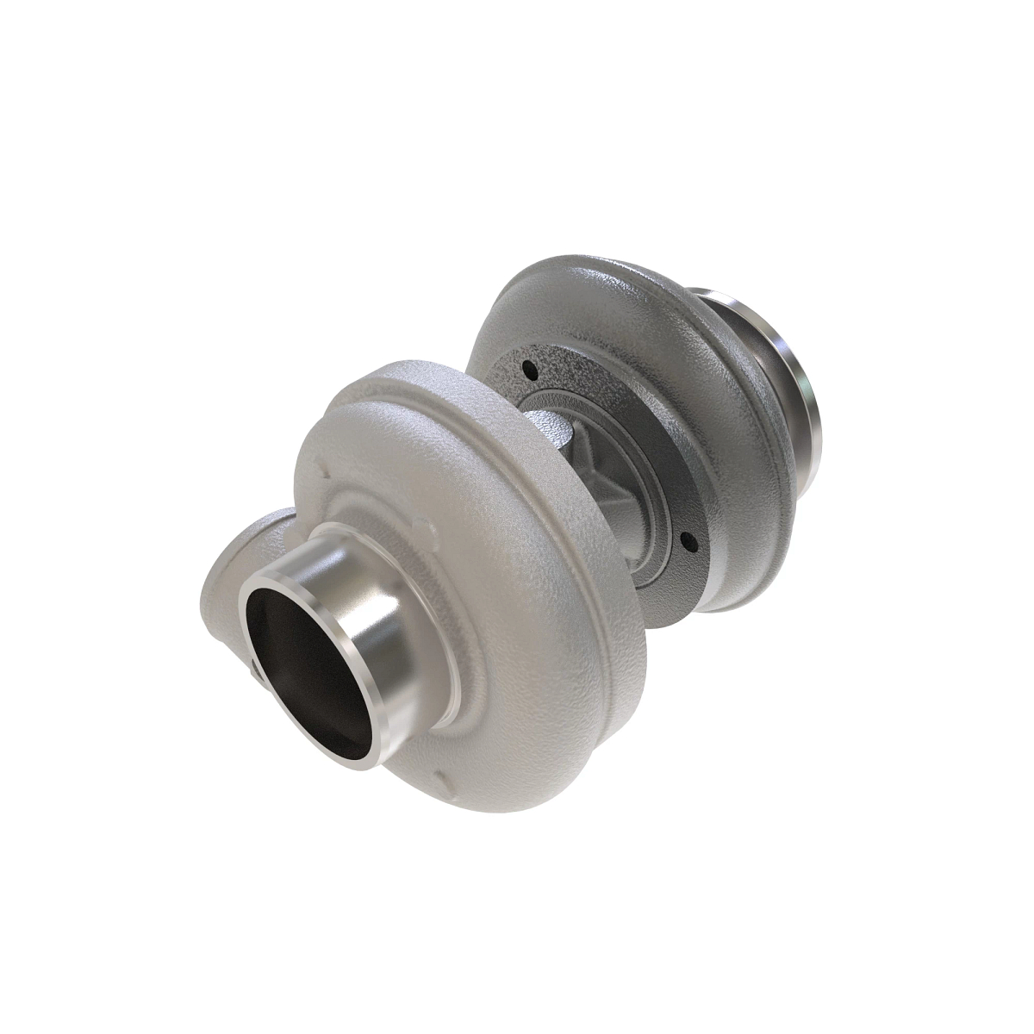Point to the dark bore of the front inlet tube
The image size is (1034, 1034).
click(297, 655)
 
